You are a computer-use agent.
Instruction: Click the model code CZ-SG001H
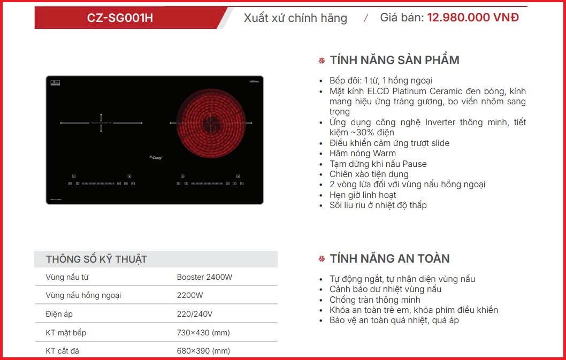pos(120,18)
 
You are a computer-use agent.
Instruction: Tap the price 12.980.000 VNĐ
pos(473,17)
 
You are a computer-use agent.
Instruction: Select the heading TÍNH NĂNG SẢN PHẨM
pos(394,60)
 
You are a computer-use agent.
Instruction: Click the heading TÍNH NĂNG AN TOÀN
pos(389,258)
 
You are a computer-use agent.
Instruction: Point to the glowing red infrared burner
pos(210,124)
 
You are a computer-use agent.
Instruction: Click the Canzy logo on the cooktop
pos(155,157)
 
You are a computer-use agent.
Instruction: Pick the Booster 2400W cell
pos(204,277)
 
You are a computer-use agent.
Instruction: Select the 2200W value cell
pos(190,295)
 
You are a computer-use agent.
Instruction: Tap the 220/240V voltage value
pos(195,314)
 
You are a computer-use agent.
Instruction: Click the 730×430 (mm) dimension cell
pos(203,333)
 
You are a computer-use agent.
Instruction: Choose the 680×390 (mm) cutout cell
pos(203,351)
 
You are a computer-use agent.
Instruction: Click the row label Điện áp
pos(58,314)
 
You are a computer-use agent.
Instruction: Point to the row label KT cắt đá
pos(63,351)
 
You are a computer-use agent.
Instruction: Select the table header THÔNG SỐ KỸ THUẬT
pos(96,259)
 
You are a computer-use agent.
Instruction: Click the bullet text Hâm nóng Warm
pos(363,154)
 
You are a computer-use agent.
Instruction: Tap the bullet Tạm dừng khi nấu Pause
pos(378,164)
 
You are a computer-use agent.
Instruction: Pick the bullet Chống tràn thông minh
pos(374,300)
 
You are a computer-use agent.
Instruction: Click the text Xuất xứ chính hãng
pos(295,18)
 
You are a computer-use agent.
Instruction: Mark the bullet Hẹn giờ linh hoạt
pos(363,195)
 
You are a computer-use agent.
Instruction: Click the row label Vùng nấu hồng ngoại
pos(83,295)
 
